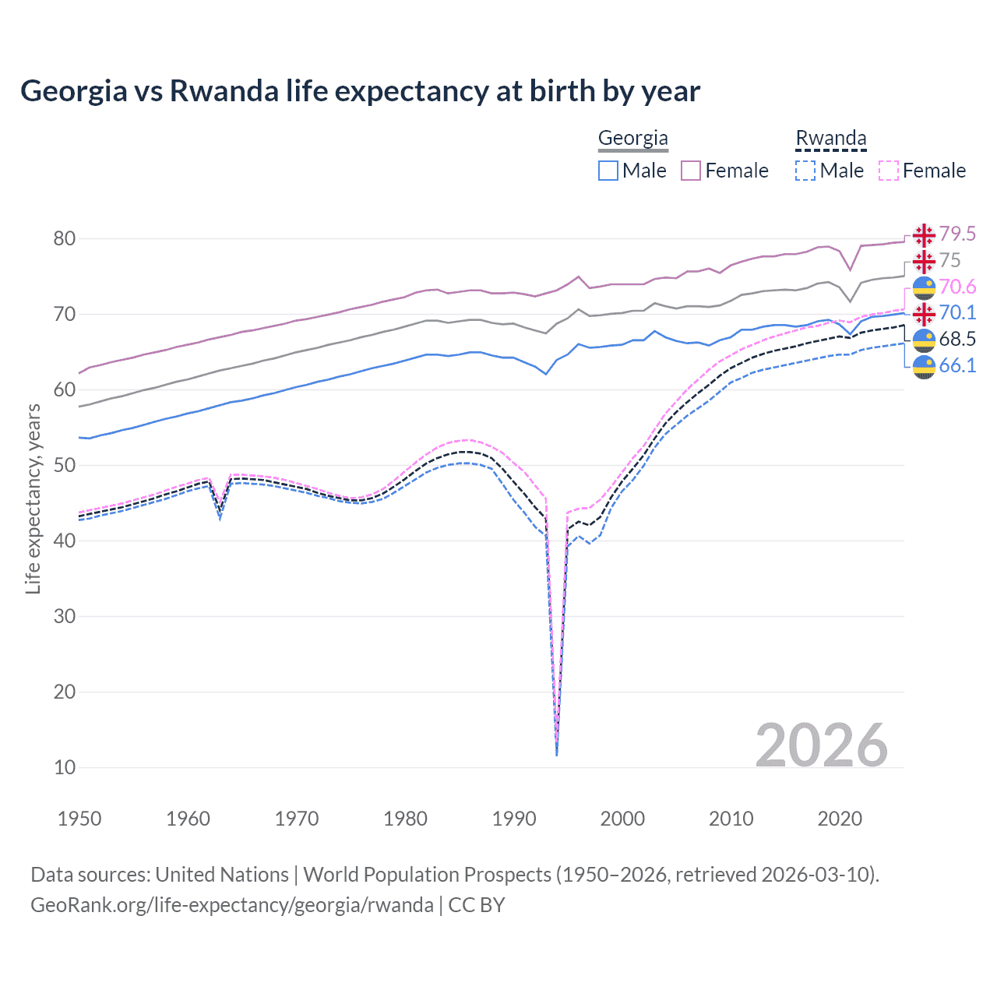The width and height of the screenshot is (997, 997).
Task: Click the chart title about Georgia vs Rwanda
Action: pos(360,91)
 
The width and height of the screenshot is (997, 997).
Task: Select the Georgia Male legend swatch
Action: pos(608,171)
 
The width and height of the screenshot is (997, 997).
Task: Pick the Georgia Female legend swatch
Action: pos(691,171)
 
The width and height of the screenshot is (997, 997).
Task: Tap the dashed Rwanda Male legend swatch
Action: pos(805,171)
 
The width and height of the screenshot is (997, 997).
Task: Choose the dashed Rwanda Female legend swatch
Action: pos(889,171)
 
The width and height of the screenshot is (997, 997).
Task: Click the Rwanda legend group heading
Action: pos(830,139)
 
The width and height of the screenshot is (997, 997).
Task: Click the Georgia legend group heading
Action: pos(632,139)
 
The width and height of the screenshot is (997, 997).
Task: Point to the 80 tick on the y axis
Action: pos(65,239)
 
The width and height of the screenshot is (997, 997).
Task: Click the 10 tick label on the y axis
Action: pos(65,768)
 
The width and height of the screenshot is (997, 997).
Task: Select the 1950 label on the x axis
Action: pos(79,819)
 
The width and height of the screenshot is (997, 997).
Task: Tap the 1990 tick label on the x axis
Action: pos(514,819)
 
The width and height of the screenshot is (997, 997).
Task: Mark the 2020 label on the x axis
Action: pos(840,819)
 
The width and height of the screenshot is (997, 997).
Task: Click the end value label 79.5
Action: pos(957,234)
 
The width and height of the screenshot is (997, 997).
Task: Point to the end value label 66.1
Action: pos(957,365)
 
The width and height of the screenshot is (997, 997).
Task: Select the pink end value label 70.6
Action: pos(957,287)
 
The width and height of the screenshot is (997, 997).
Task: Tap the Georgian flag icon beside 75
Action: pos(924,261)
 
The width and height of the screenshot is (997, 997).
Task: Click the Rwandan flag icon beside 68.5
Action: pos(924,340)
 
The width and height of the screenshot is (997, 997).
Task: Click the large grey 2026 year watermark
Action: pos(822,745)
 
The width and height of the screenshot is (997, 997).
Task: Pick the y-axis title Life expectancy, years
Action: pos(33,498)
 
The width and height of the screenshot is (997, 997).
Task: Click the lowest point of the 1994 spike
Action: pos(556,754)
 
